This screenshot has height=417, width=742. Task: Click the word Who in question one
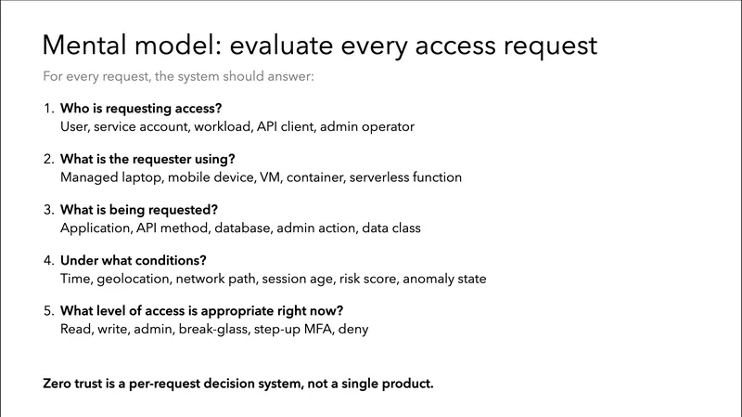pos(76,108)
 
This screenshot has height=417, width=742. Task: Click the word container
pos(314,176)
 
